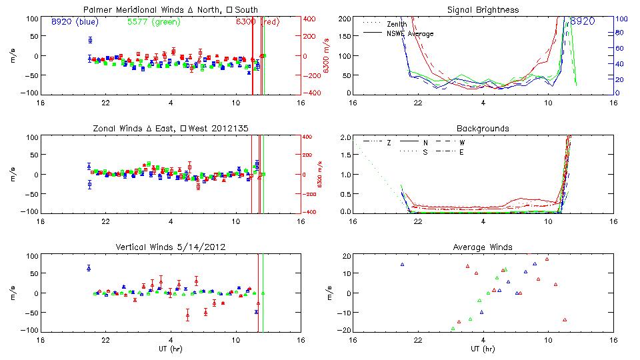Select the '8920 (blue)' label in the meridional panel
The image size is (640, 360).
[x=75, y=22]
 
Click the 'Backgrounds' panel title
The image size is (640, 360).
[x=483, y=128]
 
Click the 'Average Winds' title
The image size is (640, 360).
[x=483, y=247]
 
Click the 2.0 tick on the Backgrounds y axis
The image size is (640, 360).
[x=345, y=137]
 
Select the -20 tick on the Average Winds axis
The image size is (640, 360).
[x=345, y=331]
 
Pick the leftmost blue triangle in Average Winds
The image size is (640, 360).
[x=403, y=265]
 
